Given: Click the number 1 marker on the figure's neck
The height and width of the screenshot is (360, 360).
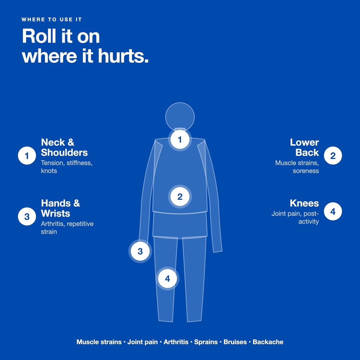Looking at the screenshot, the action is tap(180, 139).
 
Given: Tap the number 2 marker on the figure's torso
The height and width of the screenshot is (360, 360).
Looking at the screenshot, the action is tap(180, 197).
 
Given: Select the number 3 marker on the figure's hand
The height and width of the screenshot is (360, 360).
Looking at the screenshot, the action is tap(140, 251).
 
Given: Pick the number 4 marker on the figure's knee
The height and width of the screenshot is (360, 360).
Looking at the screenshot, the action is tap(167, 278).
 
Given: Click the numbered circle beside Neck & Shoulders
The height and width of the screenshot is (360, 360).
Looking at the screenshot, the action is tap(27, 156).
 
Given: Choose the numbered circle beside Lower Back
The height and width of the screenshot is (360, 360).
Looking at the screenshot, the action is tap(333, 156).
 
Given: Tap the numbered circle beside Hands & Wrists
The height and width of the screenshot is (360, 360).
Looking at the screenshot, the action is tap(27, 217).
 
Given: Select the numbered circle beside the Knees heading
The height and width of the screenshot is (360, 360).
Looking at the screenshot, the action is tap(333, 211).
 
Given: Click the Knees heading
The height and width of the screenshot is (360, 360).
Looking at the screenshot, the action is tap(304, 203).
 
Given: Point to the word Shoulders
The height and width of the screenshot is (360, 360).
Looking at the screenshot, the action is tap(64, 153).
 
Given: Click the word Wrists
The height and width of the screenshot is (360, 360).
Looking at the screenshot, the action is tap(55, 213).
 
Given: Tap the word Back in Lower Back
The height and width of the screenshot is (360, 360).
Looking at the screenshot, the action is tap(307, 153).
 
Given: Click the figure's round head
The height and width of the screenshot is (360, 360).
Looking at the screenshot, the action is tap(180, 117).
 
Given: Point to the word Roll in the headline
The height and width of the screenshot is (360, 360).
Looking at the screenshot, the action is tap(39, 36).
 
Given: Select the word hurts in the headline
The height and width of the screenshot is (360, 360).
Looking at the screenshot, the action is tap(123, 56).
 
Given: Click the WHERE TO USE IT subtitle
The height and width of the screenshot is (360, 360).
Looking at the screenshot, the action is tap(52, 20).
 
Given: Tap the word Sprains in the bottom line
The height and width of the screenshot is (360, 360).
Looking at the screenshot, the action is tap(206, 342).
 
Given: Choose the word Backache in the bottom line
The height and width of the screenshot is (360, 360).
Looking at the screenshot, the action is tap(268, 342).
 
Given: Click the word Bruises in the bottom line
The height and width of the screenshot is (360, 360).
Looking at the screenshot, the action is tap(235, 342).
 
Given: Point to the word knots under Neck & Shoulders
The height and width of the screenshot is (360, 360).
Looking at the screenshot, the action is tap(49, 171).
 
